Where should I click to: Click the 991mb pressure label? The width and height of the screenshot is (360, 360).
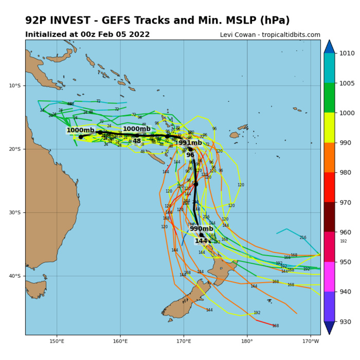point(190,143)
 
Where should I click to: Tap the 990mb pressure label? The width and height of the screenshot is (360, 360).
point(201,229)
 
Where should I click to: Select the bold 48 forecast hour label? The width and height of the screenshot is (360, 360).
point(137,141)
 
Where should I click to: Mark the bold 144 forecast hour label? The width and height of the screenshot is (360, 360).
point(201,241)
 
